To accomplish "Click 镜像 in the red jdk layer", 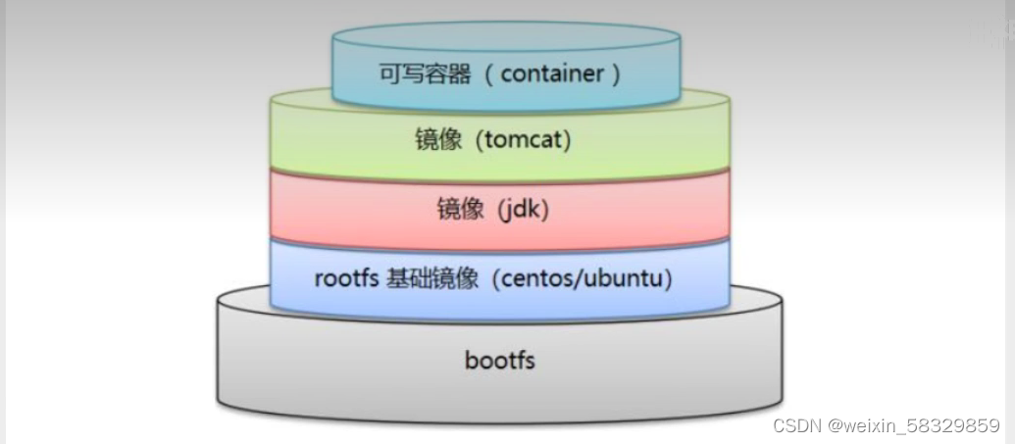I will point(457,209).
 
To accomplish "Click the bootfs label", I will point(499,360).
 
